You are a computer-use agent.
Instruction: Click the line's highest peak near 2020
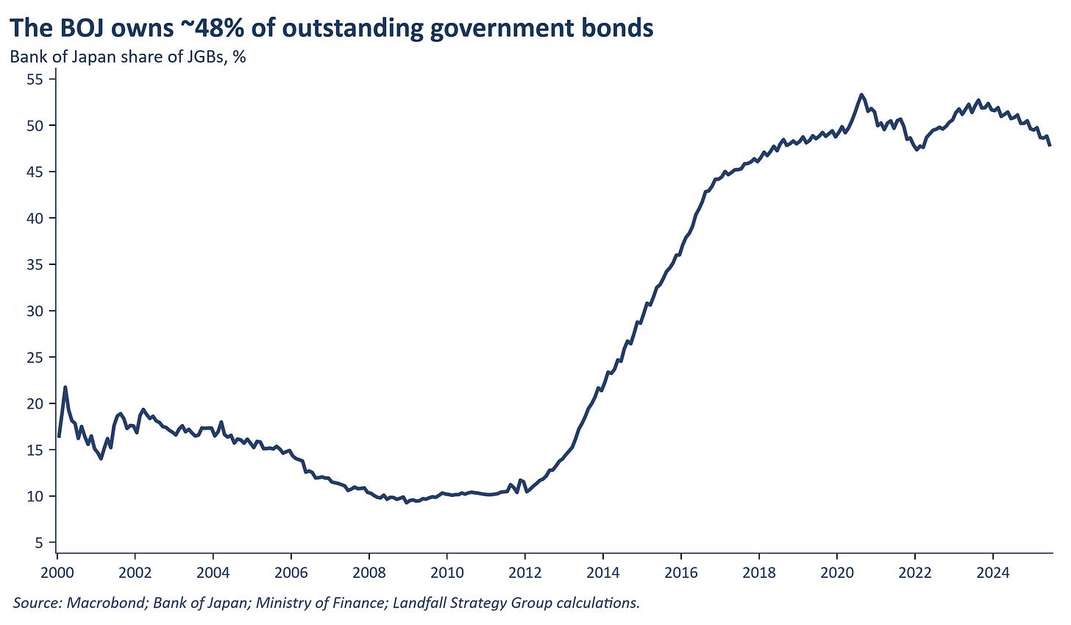click(861, 94)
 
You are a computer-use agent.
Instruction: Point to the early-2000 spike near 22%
click(65, 386)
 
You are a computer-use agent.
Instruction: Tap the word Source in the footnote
click(36, 603)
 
